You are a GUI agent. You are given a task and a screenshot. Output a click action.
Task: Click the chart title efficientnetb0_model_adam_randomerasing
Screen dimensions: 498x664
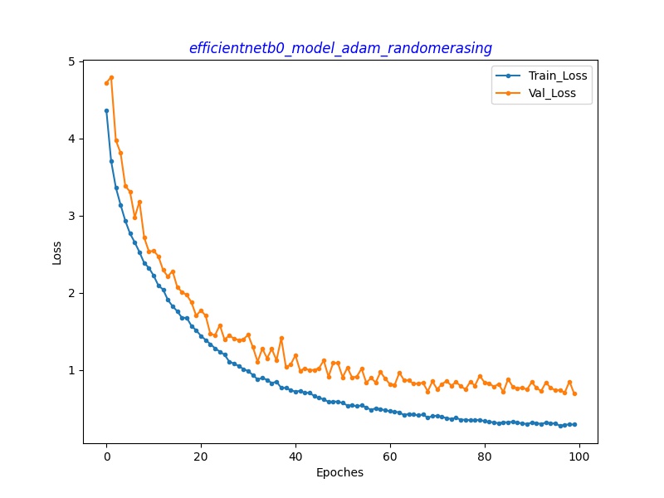click(x=340, y=48)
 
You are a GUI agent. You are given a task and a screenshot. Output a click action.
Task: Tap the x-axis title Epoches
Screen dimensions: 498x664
click(x=339, y=473)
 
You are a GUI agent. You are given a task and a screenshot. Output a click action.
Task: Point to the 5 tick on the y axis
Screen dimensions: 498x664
click(x=71, y=61)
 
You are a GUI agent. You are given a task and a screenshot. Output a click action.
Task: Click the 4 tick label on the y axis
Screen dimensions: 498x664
click(x=71, y=139)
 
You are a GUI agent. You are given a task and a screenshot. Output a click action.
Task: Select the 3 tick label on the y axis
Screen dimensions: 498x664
click(x=71, y=216)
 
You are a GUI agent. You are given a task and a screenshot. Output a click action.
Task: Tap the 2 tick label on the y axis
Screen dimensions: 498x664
click(x=71, y=293)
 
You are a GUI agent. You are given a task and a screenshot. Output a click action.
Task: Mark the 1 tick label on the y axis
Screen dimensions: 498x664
click(x=71, y=370)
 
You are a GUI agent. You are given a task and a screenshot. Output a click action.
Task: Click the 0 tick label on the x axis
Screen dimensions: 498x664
click(x=106, y=456)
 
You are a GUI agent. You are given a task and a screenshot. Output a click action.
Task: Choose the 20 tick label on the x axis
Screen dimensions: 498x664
click(x=201, y=456)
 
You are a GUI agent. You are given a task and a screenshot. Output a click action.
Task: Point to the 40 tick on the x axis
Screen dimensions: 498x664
click(x=295, y=456)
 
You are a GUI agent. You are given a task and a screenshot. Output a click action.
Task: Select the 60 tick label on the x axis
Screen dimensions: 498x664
click(x=390, y=456)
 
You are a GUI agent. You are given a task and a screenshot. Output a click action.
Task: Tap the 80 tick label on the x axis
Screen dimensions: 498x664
click(x=485, y=456)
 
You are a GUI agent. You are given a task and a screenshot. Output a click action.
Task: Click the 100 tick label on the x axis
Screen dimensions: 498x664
click(x=579, y=456)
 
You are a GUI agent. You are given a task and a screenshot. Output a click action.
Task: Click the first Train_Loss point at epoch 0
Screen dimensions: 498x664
click(x=106, y=110)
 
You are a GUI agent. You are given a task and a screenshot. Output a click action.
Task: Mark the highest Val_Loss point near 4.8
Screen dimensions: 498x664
click(x=111, y=77)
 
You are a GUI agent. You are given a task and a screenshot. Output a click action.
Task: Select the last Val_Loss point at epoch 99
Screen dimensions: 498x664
click(x=574, y=393)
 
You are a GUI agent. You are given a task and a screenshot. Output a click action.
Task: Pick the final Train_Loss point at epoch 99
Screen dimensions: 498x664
click(x=574, y=424)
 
